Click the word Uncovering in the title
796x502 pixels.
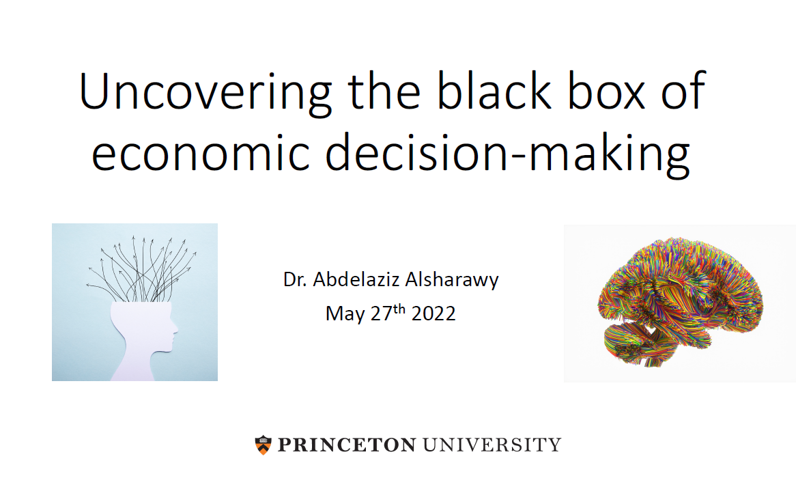205,92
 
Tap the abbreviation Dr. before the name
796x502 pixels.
295,279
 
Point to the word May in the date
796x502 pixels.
345,314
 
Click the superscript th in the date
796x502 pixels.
399,309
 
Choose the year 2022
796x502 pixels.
433,313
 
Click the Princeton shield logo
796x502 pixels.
263,445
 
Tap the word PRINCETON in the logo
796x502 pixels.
347,445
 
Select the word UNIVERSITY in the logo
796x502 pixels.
492,445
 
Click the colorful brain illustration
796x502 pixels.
680,302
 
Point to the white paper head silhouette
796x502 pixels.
142,340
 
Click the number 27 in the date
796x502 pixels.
382,313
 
